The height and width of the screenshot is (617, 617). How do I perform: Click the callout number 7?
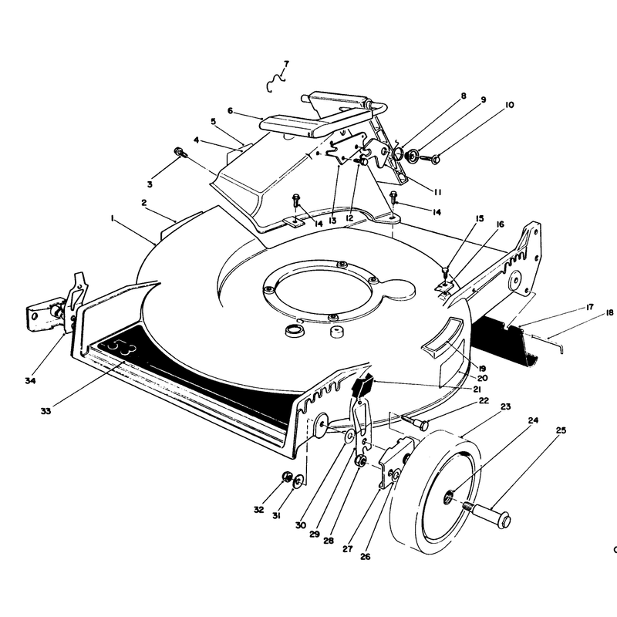pyautogui.click(x=286, y=64)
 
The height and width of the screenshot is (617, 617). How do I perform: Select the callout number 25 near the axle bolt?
pyautogui.click(x=561, y=430)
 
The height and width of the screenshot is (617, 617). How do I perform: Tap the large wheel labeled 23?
pyautogui.click(x=435, y=492)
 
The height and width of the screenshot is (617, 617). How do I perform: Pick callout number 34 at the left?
pyautogui.click(x=30, y=380)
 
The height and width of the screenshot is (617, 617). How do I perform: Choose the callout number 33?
pyautogui.click(x=46, y=411)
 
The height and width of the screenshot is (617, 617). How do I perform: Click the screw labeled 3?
pyautogui.click(x=179, y=152)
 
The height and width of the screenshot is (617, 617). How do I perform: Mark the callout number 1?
pyautogui.click(x=113, y=218)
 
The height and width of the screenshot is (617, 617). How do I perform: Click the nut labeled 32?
pyautogui.click(x=287, y=477)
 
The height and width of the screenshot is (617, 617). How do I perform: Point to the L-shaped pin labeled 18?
pyautogui.click(x=555, y=343)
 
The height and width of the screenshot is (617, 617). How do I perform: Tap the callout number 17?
pyautogui.click(x=589, y=307)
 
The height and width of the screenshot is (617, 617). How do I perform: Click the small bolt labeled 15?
pyautogui.click(x=445, y=272)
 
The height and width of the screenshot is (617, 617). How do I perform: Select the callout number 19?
pyautogui.click(x=483, y=369)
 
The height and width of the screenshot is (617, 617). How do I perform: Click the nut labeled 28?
pyautogui.click(x=359, y=460)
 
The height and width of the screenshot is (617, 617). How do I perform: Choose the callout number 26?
pyautogui.click(x=365, y=556)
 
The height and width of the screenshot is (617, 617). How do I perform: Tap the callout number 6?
pyautogui.click(x=230, y=111)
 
